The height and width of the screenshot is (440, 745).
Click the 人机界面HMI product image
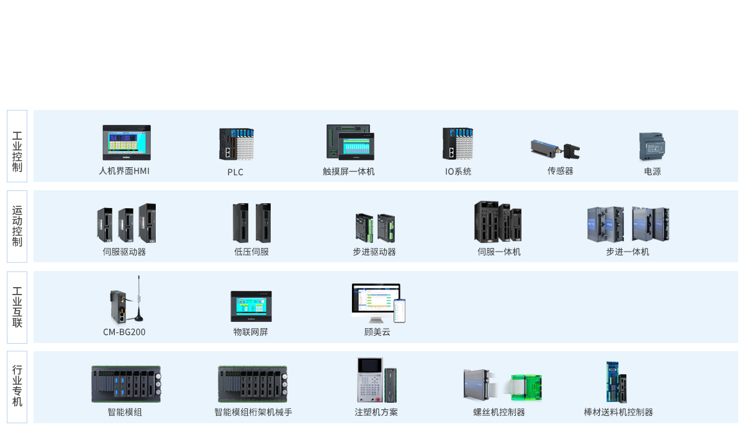point(127,142)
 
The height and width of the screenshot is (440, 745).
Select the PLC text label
point(235,172)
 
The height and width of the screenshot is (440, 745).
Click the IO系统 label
point(458,172)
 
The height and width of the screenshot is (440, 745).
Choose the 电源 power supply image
point(652,147)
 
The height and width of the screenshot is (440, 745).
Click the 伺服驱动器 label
point(124,252)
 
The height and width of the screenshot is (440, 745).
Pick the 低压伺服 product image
point(251,223)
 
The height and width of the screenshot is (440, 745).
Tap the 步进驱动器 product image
point(375,227)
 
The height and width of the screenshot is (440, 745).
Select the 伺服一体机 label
point(499,252)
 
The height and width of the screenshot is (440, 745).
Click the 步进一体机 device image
point(628,224)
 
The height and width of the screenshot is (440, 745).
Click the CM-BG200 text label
point(124,332)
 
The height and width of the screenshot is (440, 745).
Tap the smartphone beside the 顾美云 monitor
point(400,310)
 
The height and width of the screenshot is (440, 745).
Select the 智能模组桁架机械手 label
point(253,412)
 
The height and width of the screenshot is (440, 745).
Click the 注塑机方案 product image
point(376,380)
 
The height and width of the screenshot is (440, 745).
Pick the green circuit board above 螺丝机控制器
point(526,387)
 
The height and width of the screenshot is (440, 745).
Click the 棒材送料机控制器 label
point(618,412)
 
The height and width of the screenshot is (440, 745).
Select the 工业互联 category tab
point(17,307)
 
